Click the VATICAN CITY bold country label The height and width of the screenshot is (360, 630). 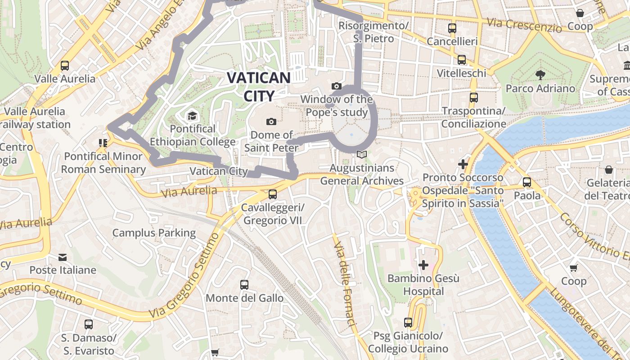(259, 86)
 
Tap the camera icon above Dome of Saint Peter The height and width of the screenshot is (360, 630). (271, 121)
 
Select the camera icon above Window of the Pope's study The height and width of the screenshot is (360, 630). (336, 86)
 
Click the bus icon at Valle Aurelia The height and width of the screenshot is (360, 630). (65, 66)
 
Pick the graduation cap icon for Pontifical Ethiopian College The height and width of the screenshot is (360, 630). (192, 116)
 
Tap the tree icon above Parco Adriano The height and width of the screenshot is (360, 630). (540, 75)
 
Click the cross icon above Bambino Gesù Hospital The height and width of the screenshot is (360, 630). (423, 265)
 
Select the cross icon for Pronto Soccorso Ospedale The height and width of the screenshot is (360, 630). (463, 164)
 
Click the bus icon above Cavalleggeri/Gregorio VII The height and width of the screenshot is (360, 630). (272, 194)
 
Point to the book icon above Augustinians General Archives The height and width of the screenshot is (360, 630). (361, 155)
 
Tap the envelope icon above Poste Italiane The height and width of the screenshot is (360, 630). (63, 257)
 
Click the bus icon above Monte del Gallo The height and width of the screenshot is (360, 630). (244, 284)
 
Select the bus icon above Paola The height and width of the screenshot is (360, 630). (527, 182)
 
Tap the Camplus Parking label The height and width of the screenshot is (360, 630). (154, 233)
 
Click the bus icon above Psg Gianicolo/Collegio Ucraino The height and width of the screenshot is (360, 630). (408, 322)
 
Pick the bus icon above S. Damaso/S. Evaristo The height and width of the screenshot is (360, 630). (89, 324)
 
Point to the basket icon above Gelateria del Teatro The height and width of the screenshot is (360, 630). (608, 170)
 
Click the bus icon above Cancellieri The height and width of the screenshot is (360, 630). (452, 28)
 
